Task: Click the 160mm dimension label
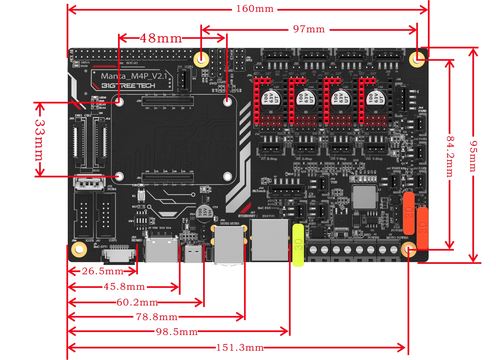[x=255, y=9]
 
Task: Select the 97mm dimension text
[x=309, y=29]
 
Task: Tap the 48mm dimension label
[x=161, y=38]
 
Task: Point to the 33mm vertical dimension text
[x=40, y=140]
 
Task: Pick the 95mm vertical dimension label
[x=473, y=156]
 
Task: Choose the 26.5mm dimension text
[x=103, y=271]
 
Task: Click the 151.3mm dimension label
[x=240, y=348]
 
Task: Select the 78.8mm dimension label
[x=157, y=317]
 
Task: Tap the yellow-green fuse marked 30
[x=298, y=245]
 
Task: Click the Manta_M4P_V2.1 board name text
[x=134, y=76]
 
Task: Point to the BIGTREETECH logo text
[x=128, y=86]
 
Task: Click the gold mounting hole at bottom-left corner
[x=79, y=249]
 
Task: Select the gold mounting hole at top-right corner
[x=417, y=59]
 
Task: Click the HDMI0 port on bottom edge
[x=161, y=250]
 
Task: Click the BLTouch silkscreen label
[x=259, y=191]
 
